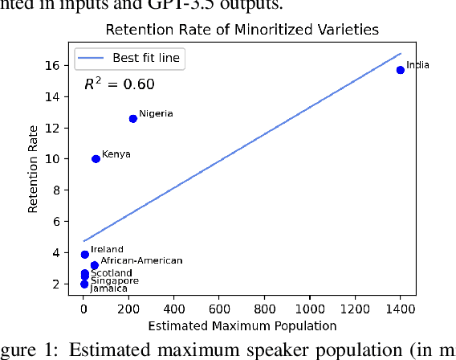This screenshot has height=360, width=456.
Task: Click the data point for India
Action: point(400,70)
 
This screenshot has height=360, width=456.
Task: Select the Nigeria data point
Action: point(133,118)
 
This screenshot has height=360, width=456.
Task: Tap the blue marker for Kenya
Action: point(96,159)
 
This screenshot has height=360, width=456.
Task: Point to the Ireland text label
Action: point(107,250)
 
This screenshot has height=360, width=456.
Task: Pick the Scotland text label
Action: point(106,273)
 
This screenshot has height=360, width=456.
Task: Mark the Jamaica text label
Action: point(108,288)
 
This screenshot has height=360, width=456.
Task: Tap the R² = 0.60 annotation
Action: point(120,84)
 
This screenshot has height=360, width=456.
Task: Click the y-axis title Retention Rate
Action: point(34,174)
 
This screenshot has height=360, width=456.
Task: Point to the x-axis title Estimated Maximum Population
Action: point(242,325)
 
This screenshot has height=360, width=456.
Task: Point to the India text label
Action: point(417,65)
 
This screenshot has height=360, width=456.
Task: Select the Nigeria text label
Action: point(156,114)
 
